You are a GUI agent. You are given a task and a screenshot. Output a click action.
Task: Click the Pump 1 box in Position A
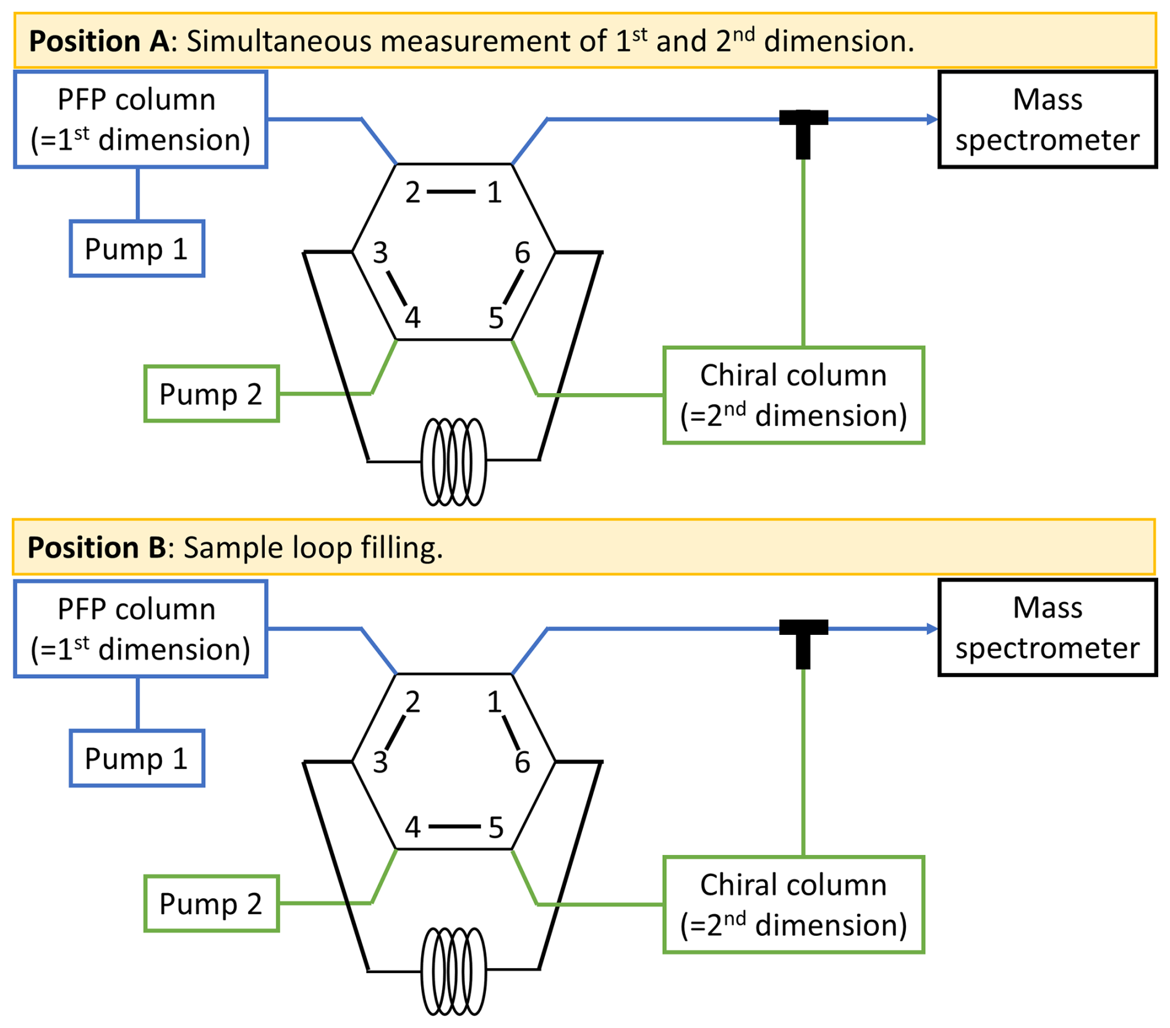[137, 249]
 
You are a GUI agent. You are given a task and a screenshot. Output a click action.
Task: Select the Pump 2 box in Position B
[211, 903]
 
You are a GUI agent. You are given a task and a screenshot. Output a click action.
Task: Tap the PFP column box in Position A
[140, 119]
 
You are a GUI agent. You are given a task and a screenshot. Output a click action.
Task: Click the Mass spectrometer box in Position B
[1047, 627]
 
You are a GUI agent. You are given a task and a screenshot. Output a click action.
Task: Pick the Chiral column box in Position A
[793, 395]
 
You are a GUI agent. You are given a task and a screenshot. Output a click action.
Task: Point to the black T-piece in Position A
[803, 130]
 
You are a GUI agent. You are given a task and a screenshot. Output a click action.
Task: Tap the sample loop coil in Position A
[453, 461]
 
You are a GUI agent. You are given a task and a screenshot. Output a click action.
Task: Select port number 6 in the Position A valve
[523, 253]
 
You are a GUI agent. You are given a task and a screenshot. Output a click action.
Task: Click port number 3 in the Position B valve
[380, 762]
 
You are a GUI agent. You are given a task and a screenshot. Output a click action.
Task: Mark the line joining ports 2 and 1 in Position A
[451, 192]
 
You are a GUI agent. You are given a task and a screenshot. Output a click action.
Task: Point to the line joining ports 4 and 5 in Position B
[455, 826]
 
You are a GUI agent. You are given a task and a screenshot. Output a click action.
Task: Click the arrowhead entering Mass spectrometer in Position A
[932, 119]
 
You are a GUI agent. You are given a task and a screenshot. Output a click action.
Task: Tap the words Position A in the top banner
[99, 41]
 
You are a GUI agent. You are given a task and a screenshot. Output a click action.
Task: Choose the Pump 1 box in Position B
[137, 758]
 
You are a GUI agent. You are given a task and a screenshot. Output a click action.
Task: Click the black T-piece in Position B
[803, 640]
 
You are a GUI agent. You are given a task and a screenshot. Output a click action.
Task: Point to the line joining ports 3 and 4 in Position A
[396, 288]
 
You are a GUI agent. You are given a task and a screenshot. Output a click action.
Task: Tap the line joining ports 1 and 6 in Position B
[511, 733]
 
